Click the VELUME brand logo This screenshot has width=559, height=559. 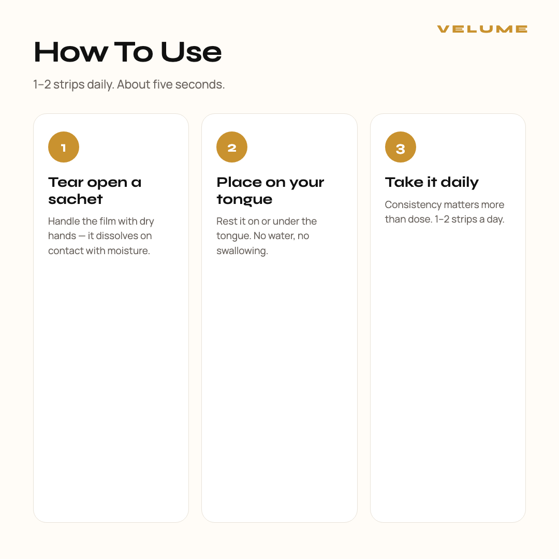tap(482, 29)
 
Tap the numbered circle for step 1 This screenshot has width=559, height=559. tap(64, 147)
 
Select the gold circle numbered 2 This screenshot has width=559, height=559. tap(232, 147)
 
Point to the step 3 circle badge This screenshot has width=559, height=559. tap(400, 147)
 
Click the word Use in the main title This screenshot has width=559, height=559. tap(191, 52)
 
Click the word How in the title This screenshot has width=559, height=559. tap(70, 52)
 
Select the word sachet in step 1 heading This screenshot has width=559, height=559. tap(76, 199)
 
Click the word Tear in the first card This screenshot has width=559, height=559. tap(66, 182)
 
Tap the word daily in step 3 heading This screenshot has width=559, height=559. tap(460, 183)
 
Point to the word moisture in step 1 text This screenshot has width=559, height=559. tap(128, 251)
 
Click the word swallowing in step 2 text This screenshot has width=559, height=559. tap(242, 251)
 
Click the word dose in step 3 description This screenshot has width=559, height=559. tap(421, 219)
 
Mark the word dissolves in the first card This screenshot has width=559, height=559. tap(117, 236)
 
